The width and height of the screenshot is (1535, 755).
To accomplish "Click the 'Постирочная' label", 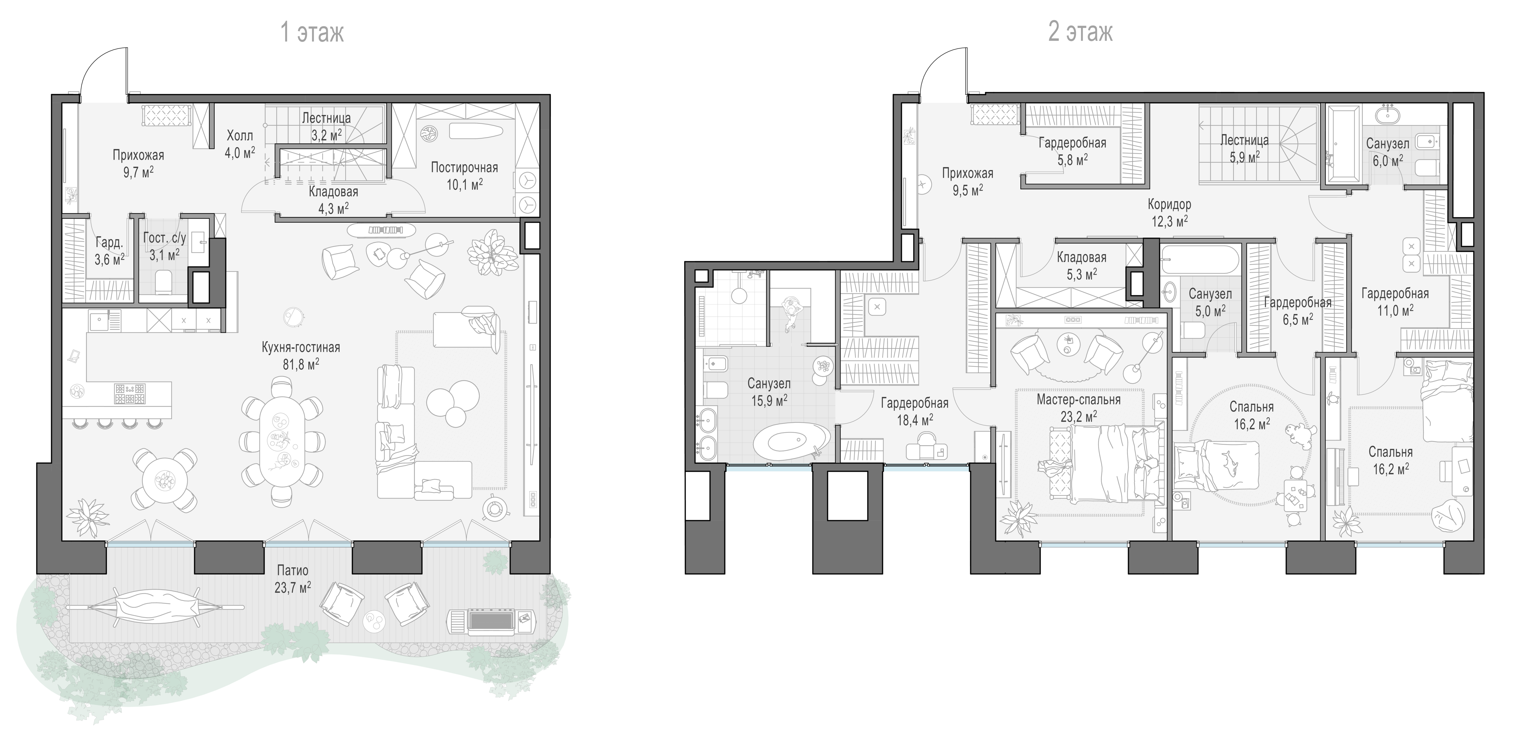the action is coord(464,167).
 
